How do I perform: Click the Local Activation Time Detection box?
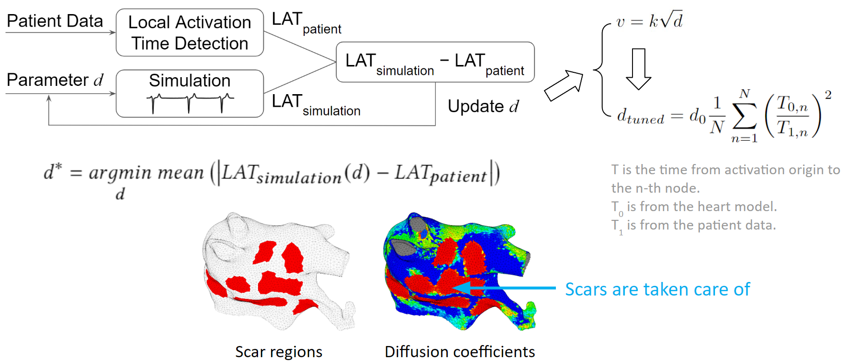pos(190,33)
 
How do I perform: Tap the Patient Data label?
pos(55,21)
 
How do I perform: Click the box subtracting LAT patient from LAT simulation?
pos(435,62)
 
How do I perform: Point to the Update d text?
pos(483,106)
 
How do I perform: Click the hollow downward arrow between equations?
pos(638,68)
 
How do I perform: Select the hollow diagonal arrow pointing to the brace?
pos(564,85)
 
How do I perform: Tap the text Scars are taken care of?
pos(657,290)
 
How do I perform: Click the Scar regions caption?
pos(278,351)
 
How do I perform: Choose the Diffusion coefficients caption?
pos(459,351)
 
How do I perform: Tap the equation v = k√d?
pos(649,21)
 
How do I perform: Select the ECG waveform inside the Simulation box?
pos(190,102)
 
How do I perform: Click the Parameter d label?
pos(55,80)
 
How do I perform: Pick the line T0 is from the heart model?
pos(694,207)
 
